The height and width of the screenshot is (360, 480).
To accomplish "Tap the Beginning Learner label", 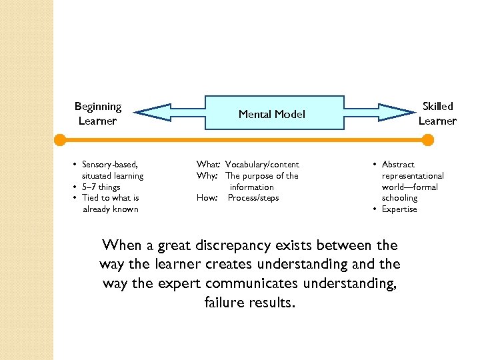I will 97,113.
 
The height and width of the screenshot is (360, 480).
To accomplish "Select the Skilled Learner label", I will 437,113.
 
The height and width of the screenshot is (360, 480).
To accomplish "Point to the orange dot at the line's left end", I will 60,140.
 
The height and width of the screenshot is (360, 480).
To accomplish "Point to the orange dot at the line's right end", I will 428,140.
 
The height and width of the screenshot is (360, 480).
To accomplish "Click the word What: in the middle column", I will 208,165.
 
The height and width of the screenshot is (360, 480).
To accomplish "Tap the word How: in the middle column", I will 207,198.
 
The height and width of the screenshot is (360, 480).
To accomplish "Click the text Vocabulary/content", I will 262,165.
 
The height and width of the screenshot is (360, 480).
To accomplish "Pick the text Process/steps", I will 253,198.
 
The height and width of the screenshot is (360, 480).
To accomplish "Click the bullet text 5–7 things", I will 101,187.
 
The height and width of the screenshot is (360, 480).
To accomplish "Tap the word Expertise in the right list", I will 399,209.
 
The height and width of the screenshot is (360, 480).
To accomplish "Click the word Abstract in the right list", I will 398,165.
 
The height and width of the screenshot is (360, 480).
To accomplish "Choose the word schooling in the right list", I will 399,198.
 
